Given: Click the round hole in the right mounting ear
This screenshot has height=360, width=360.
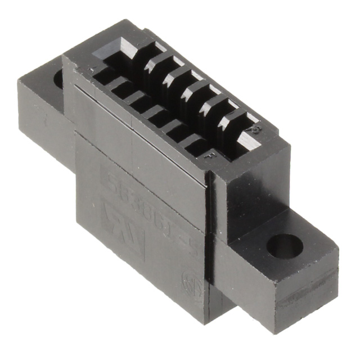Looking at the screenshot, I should [x=285, y=246].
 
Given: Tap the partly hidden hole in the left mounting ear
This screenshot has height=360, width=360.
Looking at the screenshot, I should [x=58, y=79].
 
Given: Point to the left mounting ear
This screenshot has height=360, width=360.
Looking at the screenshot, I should [x=42, y=112].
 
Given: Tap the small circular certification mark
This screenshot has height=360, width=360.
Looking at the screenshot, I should [x=189, y=280].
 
